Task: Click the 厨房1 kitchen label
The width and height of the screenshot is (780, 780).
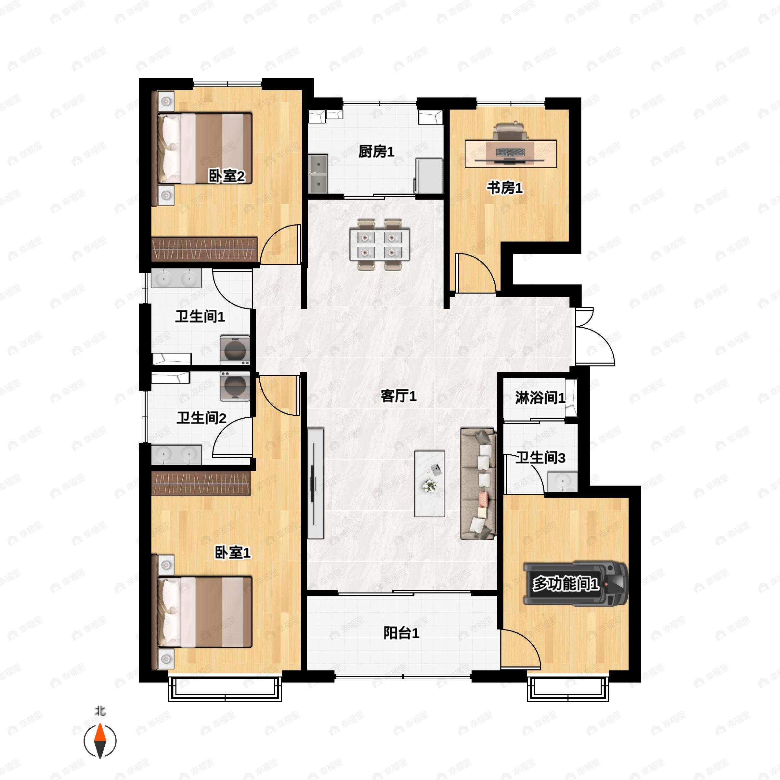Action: pyautogui.click(x=376, y=152)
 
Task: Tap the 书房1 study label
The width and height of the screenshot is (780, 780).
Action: pyautogui.click(x=505, y=188)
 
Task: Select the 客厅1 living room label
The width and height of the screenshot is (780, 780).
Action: pyautogui.click(x=398, y=396)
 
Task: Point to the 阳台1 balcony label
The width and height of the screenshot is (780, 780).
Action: pyautogui.click(x=401, y=633)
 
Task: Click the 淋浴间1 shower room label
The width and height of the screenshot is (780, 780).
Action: pyautogui.click(x=540, y=398)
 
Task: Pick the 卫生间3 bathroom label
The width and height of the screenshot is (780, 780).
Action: pyautogui.click(x=540, y=458)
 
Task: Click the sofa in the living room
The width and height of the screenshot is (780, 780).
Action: pyautogui.click(x=478, y=484)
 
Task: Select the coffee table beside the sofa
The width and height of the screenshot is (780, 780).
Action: pyautogui.click(x=430, y=484)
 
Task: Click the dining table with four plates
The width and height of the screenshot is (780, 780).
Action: pyautogui.click(x=380, y=244)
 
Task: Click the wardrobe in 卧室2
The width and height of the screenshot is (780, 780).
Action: pyautogui.click(x=204, y=249)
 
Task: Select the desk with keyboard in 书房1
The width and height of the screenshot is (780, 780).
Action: pyautogui.click(x=511, y=153)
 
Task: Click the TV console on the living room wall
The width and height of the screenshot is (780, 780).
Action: pyautogui.click(x=315, y=483)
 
